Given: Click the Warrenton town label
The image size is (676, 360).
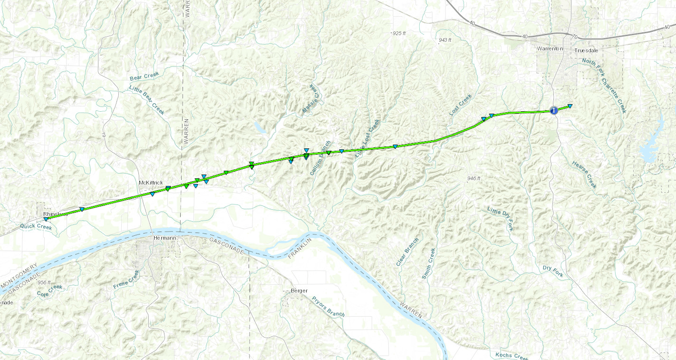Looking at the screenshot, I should point(550,49).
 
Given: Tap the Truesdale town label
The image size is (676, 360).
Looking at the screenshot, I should point(586,50).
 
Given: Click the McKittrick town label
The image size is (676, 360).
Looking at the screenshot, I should point(151,183).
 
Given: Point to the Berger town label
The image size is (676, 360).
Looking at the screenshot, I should point(299,290).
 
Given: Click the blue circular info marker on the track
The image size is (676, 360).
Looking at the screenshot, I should point(553,110).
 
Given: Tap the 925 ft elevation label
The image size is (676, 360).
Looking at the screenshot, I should point(399,33).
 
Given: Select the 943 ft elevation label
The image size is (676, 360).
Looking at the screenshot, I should point(445,39).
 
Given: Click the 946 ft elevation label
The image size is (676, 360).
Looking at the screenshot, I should point(473,178).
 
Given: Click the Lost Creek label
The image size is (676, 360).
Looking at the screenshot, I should point(461,105).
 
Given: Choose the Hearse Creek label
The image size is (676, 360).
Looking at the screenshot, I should point(584,174).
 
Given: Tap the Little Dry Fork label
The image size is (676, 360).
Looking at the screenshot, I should point(501,218).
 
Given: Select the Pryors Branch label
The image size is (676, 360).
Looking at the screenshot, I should point(328,306).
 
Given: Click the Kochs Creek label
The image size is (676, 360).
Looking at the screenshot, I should point(512,356).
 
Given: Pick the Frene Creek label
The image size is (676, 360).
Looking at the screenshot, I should point(126,280).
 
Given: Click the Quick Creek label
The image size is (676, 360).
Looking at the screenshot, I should point(36,226).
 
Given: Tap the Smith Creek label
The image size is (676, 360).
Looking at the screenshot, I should point(428,263).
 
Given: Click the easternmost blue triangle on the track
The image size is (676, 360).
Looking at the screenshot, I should point(570,106).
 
